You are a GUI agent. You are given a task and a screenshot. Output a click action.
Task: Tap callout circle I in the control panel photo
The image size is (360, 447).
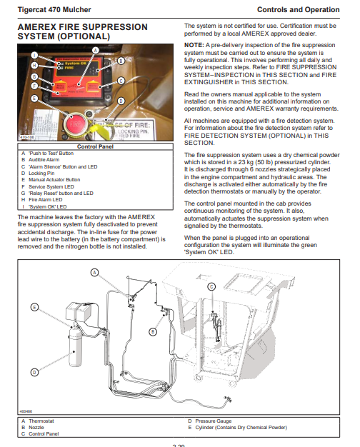tap(34, 55)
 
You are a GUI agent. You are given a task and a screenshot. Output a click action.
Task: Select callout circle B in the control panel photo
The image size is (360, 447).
tap(121, 61)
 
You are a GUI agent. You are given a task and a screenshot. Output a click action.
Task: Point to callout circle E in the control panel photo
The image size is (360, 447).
tap(34, 99)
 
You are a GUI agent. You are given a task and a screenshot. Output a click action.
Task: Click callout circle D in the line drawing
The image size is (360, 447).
tap(34, 372)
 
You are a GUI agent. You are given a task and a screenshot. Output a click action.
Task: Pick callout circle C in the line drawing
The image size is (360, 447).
tap(211, 286)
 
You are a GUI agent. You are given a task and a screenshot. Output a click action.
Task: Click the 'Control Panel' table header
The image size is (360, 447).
tap(95, 146)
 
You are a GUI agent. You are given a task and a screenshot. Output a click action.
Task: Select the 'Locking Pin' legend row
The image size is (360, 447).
tap(38, 174)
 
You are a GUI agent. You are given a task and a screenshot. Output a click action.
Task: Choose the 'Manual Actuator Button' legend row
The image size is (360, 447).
tap(51, 180)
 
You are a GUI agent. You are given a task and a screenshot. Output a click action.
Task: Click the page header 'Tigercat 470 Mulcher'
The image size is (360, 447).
tap(54, 10)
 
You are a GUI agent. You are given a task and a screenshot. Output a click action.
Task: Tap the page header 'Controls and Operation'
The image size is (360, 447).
tap(299, 10)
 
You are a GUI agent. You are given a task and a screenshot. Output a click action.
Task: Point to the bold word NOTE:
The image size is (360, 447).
tap(194, 45)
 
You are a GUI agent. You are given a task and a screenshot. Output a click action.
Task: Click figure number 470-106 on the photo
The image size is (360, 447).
tap(27, 137)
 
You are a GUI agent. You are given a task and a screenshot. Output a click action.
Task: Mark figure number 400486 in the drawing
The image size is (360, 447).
tap(26, 411)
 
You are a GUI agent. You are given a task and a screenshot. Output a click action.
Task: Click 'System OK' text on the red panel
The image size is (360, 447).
tap(75, 64)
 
